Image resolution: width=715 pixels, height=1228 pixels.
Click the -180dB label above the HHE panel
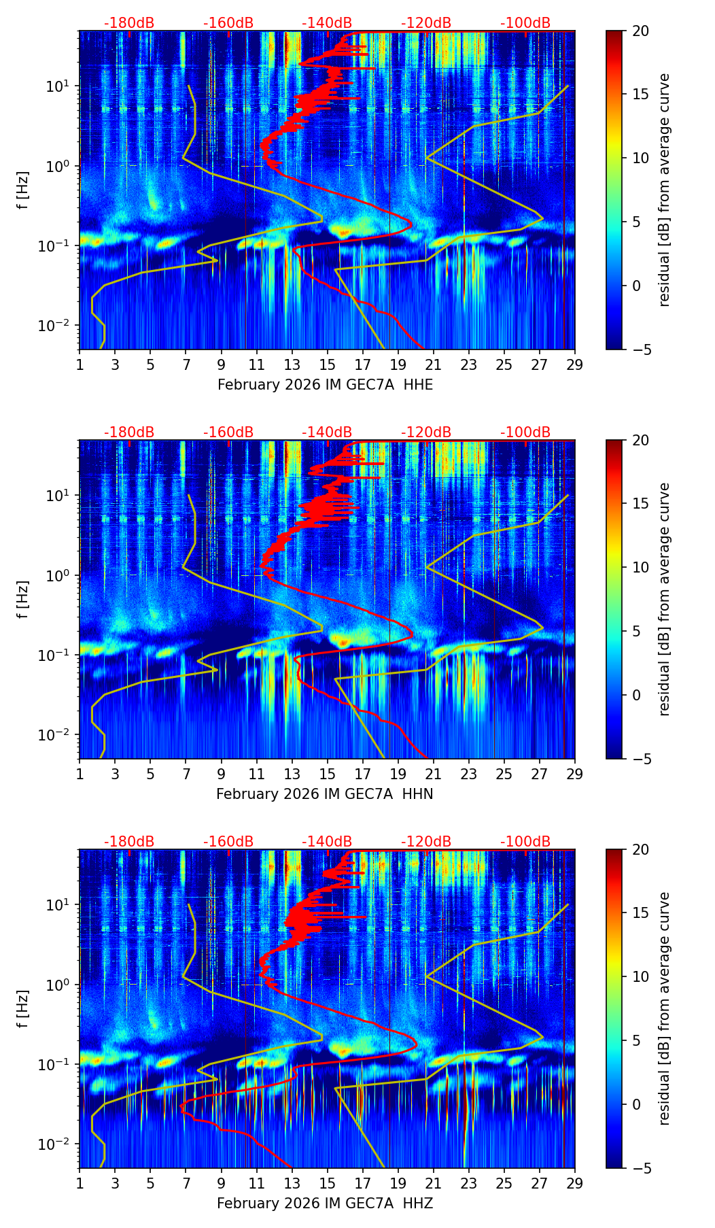pos(129,23)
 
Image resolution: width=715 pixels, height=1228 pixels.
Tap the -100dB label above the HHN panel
pos(525,432)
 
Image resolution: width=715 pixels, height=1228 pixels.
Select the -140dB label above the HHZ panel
pos(327,842)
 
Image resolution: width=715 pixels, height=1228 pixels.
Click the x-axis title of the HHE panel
pos(325,385)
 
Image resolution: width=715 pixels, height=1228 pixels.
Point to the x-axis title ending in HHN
pos(325,794)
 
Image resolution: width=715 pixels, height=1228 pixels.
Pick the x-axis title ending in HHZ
pos(325,1204)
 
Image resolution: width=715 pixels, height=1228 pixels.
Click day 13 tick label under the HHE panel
pos(292,364)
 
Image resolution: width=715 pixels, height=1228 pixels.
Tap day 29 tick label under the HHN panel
pos(574,774)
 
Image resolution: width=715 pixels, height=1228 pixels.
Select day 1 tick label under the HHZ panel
pos(80,1183)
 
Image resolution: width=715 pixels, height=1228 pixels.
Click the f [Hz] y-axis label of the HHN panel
pos(23,599)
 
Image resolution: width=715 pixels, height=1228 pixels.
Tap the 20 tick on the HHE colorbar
pos(640,31)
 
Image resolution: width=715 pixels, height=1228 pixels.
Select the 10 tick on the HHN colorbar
pos(640,567)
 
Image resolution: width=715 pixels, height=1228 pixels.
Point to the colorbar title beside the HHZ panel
pos(664,1008)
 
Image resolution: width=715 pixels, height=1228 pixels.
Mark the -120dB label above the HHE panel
pos(426,23)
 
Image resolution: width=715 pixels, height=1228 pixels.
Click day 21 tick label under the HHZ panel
pos(433,1183)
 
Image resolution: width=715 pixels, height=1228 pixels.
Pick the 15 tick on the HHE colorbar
pos(640,95)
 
